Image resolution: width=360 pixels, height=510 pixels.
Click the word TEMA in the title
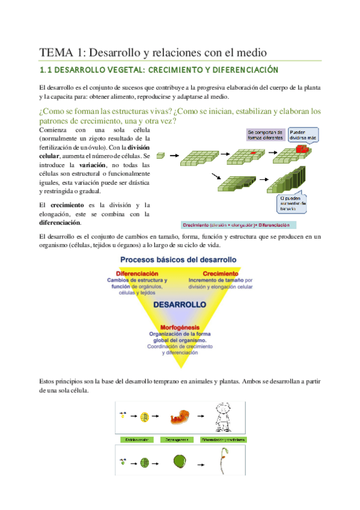tap(55, 52)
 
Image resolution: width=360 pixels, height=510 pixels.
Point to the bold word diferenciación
tap(59, 222)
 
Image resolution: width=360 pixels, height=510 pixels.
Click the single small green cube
tap(159, 155)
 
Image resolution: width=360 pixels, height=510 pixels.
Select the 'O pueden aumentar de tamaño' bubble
tap(293, 204)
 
